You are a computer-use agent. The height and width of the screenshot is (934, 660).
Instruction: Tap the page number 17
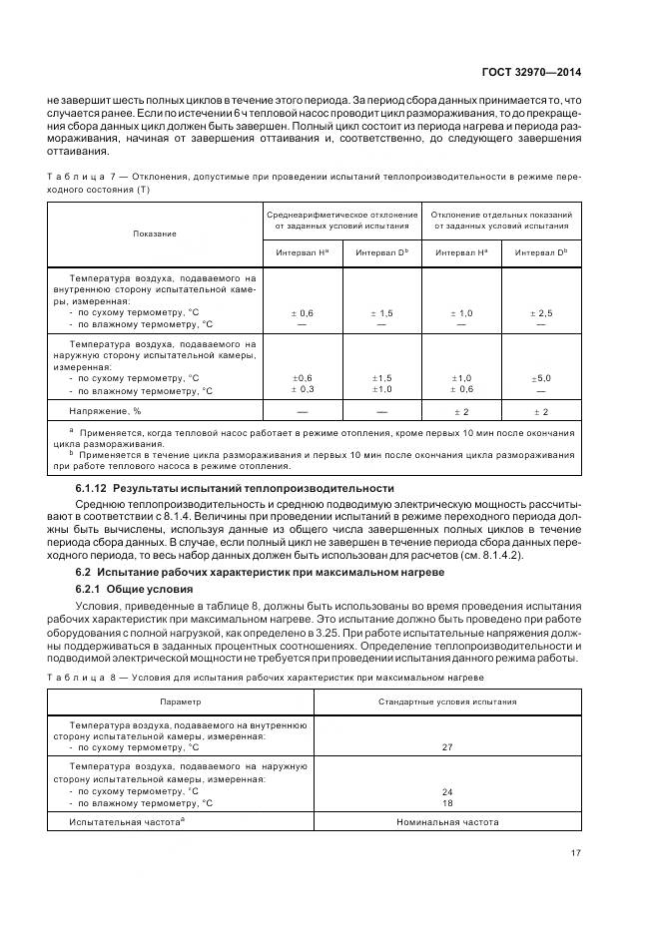click(576, 852)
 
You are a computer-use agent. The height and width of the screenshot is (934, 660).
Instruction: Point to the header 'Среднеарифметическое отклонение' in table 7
click(342, 215)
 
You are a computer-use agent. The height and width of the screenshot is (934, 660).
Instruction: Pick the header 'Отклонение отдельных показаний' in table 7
click(501, 215)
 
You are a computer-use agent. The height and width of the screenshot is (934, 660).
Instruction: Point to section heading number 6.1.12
click(92, 488)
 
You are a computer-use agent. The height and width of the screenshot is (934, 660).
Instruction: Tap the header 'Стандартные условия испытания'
click(446, 701)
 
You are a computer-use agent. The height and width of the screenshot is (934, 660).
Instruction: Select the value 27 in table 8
click(446, 746)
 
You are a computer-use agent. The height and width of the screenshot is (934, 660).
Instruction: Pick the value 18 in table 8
click(446, 802)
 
